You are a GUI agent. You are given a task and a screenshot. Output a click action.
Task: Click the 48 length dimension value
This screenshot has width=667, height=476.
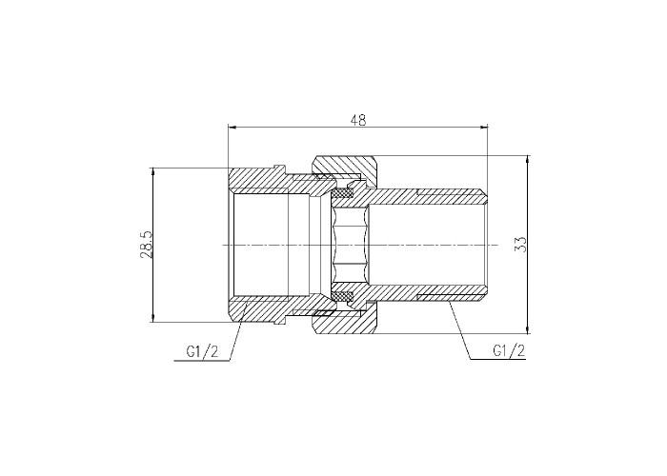(x=357, y=120)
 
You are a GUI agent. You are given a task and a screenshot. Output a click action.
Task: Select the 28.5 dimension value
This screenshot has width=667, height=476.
(x=146, y=246)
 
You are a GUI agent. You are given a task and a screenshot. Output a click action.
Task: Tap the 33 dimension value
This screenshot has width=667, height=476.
(x=520, y=245)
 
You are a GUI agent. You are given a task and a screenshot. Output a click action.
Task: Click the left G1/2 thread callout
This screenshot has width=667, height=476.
(x=202, y=351)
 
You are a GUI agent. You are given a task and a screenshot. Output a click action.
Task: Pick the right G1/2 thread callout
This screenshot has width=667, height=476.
(x=509, y=350)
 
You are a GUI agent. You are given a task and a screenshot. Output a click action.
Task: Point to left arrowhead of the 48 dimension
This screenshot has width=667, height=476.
(x=232, y=127)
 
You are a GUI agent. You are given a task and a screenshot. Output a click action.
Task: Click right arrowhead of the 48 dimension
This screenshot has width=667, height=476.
(x=484, y=127)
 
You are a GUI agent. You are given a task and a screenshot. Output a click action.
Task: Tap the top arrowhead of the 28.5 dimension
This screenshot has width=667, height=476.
(x=152, y=171)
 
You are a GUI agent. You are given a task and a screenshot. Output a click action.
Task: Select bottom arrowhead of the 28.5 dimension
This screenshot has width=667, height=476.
(x=152, y=318)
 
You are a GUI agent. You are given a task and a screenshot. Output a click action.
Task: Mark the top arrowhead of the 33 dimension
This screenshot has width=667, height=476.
(x=528, y=159)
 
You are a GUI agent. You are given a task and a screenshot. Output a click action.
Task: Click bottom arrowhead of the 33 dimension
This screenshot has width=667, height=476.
(x=528, y=329)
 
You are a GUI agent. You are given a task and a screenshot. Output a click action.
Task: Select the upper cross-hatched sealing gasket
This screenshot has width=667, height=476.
(x=343, y=194)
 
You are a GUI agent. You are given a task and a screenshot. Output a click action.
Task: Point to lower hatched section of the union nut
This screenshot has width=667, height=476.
(x=345, y=324)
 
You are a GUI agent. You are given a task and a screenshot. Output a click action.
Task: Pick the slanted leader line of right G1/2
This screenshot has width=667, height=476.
(x=460, y=331)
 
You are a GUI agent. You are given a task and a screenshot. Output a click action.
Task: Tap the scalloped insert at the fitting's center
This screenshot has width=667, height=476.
(x=350, y=246)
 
